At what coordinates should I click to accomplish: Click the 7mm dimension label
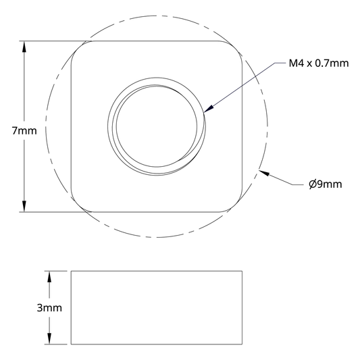pos(24,131)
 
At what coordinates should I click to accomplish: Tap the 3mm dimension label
pos(49,307)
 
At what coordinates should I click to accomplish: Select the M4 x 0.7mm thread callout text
pos(319,63)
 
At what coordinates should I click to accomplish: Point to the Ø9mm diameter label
pos(326,184)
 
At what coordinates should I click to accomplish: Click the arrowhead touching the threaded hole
pos(209,109)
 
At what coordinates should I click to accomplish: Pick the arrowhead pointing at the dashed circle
pos(264,173)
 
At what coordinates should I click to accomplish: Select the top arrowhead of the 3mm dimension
pos(49,277)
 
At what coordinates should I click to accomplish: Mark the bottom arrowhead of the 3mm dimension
pos(49,338)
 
